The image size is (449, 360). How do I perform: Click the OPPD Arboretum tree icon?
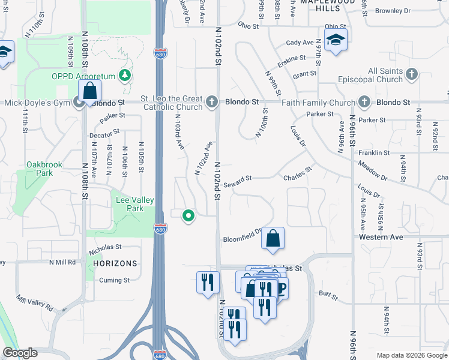125,75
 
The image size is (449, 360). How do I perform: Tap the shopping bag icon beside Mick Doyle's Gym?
90,92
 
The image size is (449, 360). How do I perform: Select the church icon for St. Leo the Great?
211,102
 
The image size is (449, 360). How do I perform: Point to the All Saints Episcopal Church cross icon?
411,74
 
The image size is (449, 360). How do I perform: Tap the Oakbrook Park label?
40,169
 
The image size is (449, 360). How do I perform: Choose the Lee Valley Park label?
134,204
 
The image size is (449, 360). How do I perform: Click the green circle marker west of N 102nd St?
188,215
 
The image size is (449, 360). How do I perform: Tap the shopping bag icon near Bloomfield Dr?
273,238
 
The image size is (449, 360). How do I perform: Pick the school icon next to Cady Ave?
336,40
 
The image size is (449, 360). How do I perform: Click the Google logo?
20,353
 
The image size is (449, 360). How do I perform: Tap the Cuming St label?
114,280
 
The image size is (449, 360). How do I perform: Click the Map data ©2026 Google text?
411,355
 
